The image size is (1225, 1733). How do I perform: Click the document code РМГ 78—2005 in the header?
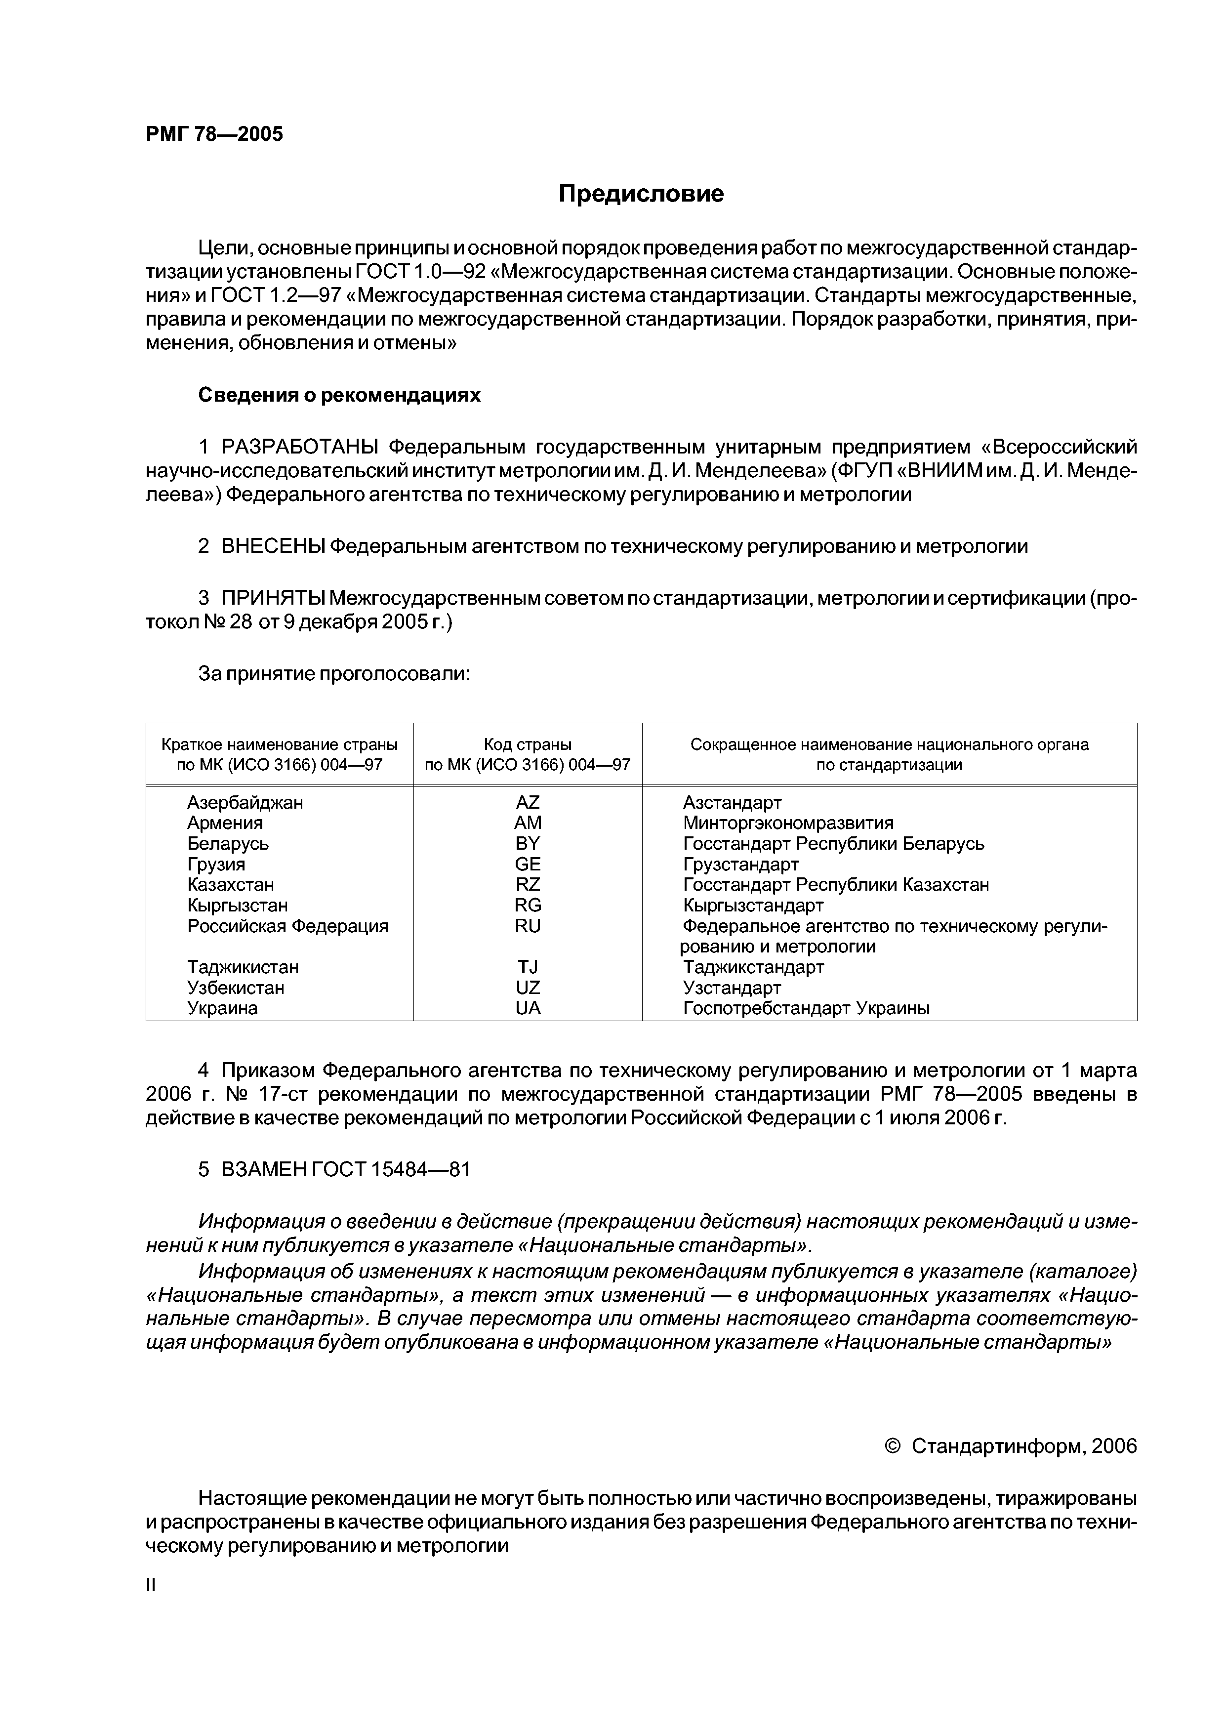(x=214, y=134)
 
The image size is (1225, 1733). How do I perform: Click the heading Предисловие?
(x=641, y=194)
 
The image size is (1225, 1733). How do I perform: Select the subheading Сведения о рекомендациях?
(x=339, y=396)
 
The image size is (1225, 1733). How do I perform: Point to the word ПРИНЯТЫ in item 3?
(x=273, y=599)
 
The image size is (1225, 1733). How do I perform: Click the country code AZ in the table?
(x=528, y=802)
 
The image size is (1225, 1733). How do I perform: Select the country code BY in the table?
(x=528, y=843)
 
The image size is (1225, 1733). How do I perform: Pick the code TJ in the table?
(x=528, y=967)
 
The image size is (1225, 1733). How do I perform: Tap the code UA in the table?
(x=528, y=1008)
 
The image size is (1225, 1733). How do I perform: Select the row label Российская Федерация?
(x=287, y=926)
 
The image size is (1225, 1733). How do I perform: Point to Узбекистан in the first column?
(x=236, y=988)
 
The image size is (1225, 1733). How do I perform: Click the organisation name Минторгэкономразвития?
(x=788, y=823)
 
